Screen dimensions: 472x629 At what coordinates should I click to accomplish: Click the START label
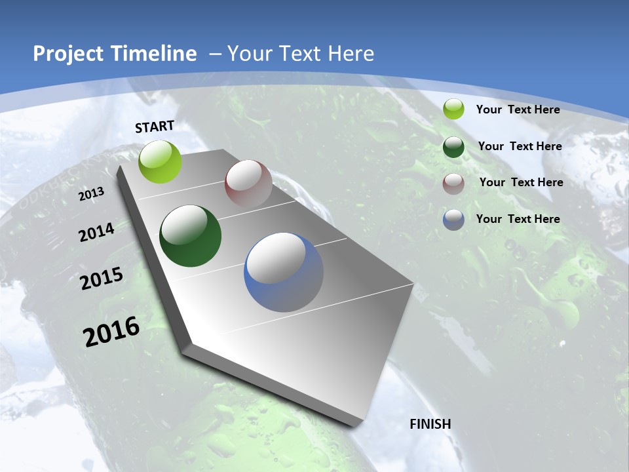click(x=155, y=126)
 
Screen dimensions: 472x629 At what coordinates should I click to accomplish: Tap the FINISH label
click(x=430, y=424)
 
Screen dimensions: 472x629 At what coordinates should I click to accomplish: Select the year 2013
click(x=92, y=194)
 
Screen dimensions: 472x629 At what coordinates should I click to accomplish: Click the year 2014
click(x=97, y=232)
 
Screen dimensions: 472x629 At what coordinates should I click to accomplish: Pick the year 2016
click(x=111, y=332)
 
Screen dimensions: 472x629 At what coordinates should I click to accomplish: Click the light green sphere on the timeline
click(x=161, y=161)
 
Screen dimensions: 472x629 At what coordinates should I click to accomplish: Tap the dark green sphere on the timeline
click(x=191, y=236)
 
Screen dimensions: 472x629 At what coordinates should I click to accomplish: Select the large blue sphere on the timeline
click(x=284, y=272)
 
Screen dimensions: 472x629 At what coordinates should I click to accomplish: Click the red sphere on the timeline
click(x=248, y=184)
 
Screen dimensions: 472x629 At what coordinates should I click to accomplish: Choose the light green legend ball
click(x=453, y=109)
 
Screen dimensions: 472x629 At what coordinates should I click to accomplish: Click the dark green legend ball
click(x=453, y=147)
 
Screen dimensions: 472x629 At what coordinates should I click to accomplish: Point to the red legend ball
click(x=453, y=184)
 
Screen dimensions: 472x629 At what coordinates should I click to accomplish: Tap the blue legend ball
click(x=453, y=220)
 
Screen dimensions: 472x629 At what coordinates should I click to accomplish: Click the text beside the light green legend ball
click(x=518, y=109)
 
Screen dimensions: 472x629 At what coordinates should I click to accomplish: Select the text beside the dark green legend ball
click(x=520, y=146)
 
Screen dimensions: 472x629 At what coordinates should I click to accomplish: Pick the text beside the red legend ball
click(x=521, y=182)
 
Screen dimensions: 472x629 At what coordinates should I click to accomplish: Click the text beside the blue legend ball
click(x=518, y=219)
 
